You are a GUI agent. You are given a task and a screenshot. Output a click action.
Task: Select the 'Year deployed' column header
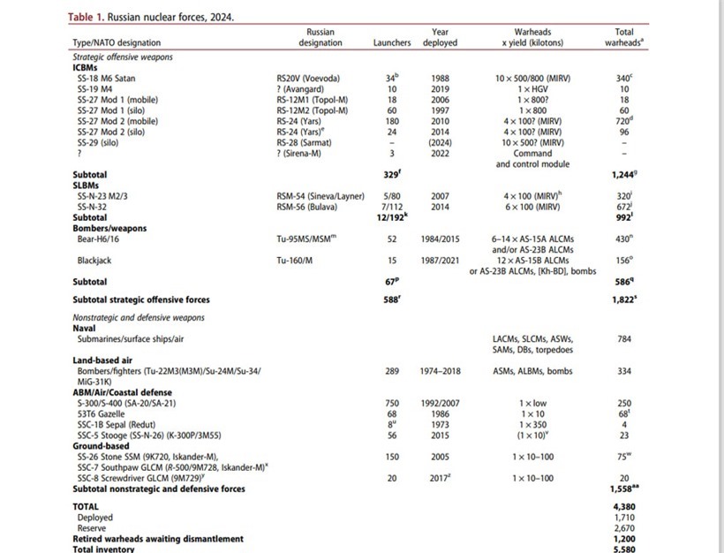tap(440, 37)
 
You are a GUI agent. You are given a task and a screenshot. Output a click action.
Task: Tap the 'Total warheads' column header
tap(624, 37)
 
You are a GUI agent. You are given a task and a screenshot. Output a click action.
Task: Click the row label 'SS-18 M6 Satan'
tap(107, 79)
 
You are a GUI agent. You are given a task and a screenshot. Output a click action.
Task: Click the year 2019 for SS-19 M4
tap(440, 88)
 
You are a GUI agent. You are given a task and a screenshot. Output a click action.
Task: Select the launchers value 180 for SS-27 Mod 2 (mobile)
tap(392, 120)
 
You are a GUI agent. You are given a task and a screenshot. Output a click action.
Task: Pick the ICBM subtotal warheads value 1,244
tap(623, 175)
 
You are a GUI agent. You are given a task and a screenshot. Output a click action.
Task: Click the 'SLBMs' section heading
tap(86, 186)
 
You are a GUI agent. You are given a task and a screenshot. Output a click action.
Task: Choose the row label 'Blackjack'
tap(95, 261)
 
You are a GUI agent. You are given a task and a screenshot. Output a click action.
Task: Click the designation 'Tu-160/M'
tap(295, 261)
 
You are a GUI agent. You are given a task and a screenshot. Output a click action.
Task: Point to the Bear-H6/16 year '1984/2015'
tap(440, 239)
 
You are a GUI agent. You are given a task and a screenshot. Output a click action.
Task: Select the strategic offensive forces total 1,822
tap(623, 299)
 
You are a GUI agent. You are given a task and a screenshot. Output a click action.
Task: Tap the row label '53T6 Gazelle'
tap(102, 413)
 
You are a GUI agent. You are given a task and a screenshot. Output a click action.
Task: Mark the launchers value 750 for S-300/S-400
tap(392, 403)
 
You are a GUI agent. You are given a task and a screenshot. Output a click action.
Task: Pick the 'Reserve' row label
tap(93, 527)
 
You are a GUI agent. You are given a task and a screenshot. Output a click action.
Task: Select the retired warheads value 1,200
tap(624, 538)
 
